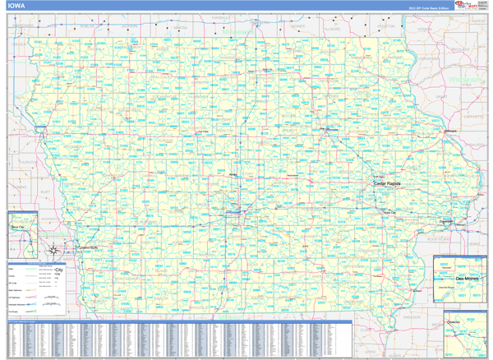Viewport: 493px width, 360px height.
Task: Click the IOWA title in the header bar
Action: tap(16, 6)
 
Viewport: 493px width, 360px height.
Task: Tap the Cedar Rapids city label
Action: tap(387, 183)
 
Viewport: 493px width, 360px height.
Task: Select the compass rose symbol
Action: tap(52, 249)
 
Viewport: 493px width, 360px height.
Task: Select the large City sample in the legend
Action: tap(58, 270)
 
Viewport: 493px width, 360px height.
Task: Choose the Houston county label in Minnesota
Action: tap(387, 26)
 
